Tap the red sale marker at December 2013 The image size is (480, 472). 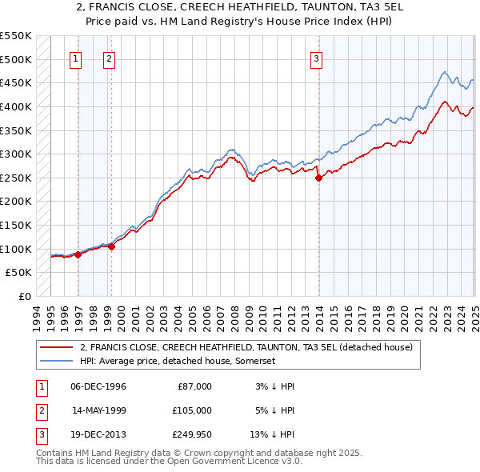point(318,178)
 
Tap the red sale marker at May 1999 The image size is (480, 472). point(111,246)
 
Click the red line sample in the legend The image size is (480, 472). point(56,347)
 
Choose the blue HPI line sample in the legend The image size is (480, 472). point(56,362)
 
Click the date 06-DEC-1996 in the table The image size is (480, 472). point(98,386)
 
